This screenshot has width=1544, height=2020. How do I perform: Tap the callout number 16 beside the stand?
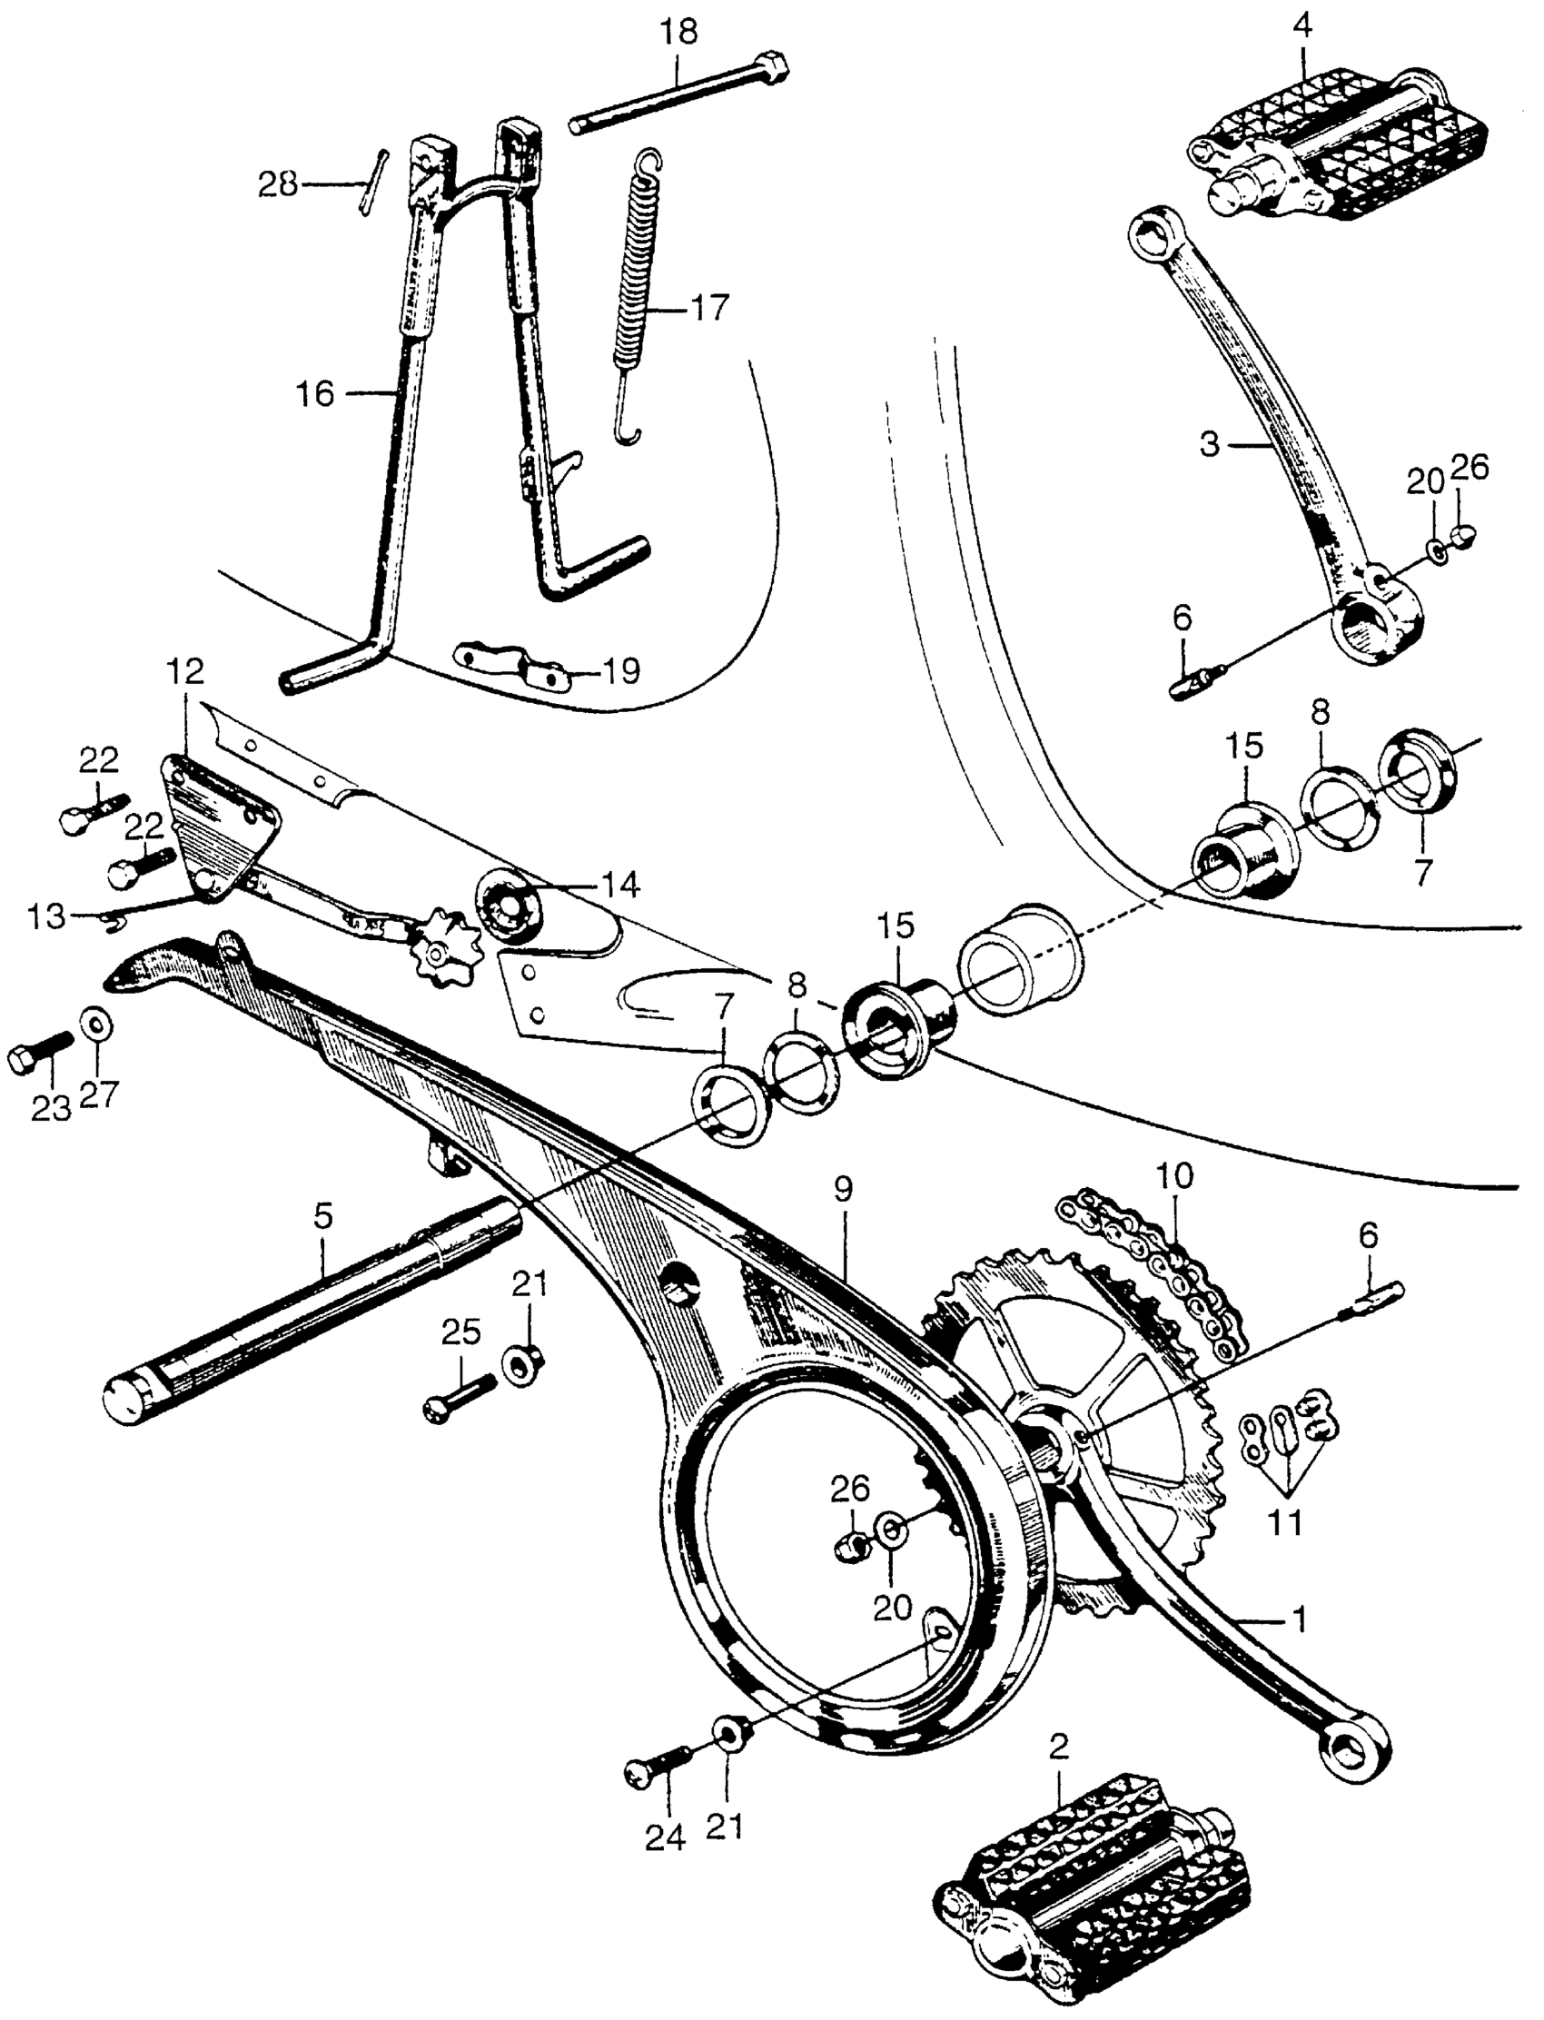tap(314, 395)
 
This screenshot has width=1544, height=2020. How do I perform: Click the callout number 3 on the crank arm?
tap(1210, 445)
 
